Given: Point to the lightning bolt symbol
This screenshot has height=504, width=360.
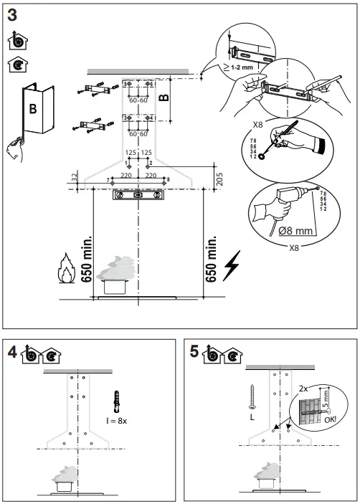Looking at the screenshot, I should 232,266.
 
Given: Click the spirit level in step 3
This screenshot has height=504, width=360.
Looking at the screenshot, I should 138,194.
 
